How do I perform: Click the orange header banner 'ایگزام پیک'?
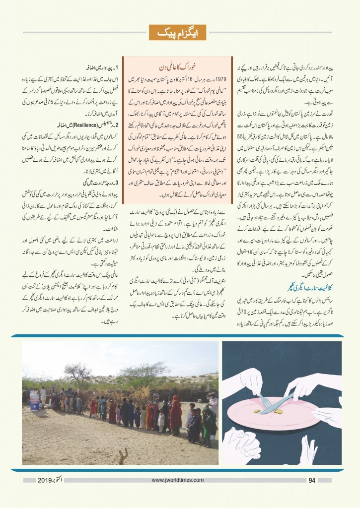pos(180,33)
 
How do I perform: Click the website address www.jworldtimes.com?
pos(179,480)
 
